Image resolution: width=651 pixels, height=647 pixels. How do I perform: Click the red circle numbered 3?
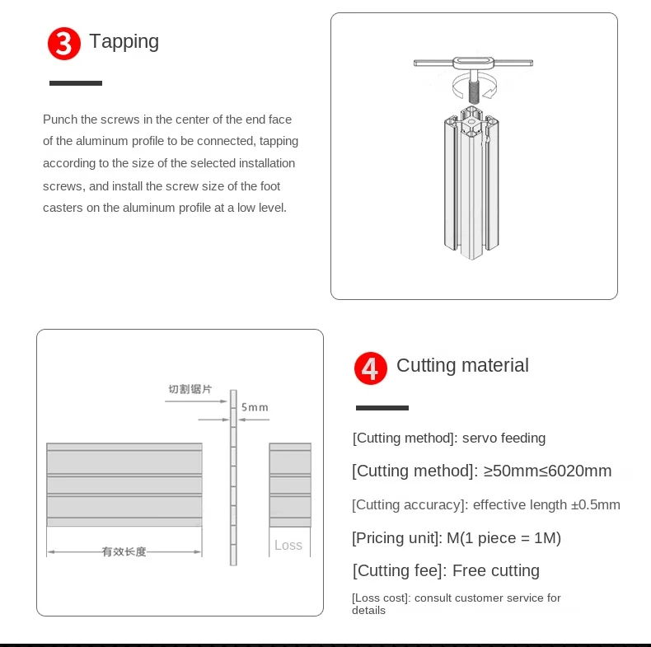pyautogui.click(x=64, y=44)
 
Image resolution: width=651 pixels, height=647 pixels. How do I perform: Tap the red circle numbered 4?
pyautogui.click(x=370, y=368)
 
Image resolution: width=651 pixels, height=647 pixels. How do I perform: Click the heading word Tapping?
pyautogui.click(x=124, y=42)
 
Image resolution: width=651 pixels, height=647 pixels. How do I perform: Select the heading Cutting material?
pyautogui.click(x=462, y=365)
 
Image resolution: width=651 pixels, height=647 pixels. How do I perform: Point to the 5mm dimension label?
pyautogui.click(x=255, y=407)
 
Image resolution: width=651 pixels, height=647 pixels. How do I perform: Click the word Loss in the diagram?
pyautogui.click(x=288, y=545)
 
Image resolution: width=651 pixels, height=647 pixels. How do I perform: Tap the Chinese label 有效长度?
pyautogui.click(x=124, y=551)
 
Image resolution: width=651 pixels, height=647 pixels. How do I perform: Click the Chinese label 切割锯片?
pyautogui.click(x=190, y=389)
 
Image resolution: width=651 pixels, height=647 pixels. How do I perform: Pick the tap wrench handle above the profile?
pyautogui.click(x=473, y=63)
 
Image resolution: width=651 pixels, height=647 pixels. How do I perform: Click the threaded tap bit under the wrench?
pyautogui.click(x=474, y=92)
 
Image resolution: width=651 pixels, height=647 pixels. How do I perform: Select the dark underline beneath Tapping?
pyautogui.click(x=76, y=83)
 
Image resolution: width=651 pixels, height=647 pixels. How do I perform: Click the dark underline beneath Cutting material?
pyautogui.click(x=382, y=408)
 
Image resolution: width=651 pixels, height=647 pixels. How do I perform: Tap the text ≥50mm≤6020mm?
pyautogui.click(x=547, y=471)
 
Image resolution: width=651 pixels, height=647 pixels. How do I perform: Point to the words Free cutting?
pyautogui.click(x=496, y=570)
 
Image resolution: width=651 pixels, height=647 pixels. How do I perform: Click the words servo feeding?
pyautogui.click(x=503, y=438)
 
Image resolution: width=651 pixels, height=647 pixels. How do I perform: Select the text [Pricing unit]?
pyautogui.click(x=397, y=538)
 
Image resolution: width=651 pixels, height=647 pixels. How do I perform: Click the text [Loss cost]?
pyautogui.click(x=382, y=598)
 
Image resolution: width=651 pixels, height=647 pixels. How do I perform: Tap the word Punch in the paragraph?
pyautogui.click(x=60, y=120)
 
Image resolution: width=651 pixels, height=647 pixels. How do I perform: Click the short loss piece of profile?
pyautogui.click(x=290, y=485)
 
